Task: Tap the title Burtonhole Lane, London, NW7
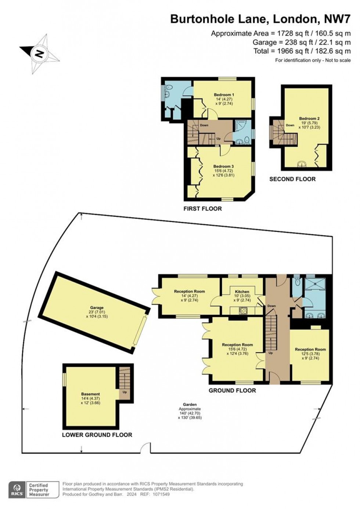pyautogui.click(x=260, y=19)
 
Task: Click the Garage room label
pyautogui.click(x=97, y=308)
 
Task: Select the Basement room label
pyautogui.click(x=90, y=394)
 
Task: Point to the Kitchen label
pyautogui.click(x=242, y=291)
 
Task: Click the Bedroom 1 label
pyautogui.click(x=224, y=95)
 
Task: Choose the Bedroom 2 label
pyautogui.click(x=309, y=119)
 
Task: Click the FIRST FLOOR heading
pyautogui.click(x=202, y=209)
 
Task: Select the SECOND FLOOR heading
pyautogui.click(x=292, y=179)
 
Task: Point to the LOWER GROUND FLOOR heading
pyautogui.click(x=97, y=435)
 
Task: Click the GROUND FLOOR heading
pyautogui.click(x=232, y=390)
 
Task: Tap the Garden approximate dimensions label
pyautogui.click(x=190, y=411)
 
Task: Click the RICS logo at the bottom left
pyautogui.click(x=17, y=490)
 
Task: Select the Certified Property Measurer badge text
pyautogui.click(x=39, y=490)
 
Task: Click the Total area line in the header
pyautogui.click(x=302, y=51)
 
